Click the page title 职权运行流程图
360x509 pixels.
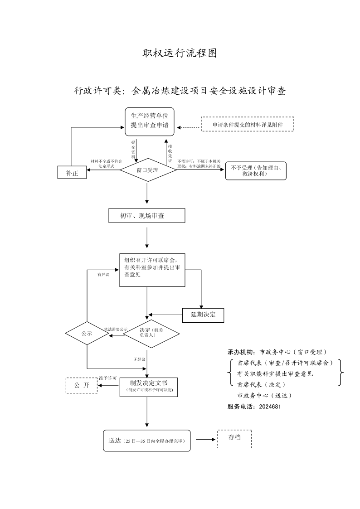tap(180, 53)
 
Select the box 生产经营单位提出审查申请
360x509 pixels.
tap(150, 122)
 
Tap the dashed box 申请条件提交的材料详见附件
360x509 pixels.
tap(248, 124)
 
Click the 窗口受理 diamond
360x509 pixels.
tap(148, 170)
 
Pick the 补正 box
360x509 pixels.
tap(72, 172)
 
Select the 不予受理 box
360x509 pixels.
tap(256, 171)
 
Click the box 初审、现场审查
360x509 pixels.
tap(147, 216)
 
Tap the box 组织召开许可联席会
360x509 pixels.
tap(152, 270)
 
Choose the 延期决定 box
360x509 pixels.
tap(203, 315)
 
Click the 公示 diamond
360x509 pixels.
tap(87, 334)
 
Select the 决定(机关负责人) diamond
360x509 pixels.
tap(151, 334)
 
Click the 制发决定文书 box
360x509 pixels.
tap(149, 387)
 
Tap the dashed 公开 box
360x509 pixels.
tap(82, 385)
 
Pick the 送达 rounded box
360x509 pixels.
tap(147, 441)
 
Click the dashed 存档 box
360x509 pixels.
tap(234, 439)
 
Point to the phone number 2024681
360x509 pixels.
tap(270, 407)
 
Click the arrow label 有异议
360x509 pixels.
tap(103, 275)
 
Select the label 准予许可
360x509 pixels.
tap(108, 378)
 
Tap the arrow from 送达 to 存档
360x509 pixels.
tap(205, 440)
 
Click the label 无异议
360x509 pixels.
tap(140, 360)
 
